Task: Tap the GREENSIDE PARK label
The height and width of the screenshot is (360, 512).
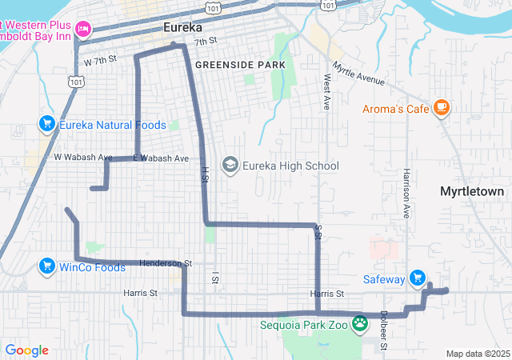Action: coord(240,64)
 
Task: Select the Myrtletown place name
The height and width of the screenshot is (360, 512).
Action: coord(472,192)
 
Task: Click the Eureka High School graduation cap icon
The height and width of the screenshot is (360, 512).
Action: coord(230,166)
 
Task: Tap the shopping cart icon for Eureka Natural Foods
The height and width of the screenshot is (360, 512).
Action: coord(46,124)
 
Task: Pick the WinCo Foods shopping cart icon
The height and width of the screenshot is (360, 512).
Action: coord(46,266)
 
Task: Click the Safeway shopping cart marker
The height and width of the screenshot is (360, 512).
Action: coord(417,278)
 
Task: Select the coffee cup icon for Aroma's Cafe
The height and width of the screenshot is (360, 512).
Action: coord(441,107)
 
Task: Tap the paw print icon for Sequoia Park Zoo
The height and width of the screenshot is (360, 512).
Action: coord(362,324)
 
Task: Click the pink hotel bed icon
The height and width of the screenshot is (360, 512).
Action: coord(82,30)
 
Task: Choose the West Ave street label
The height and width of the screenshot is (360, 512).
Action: coord(326,93)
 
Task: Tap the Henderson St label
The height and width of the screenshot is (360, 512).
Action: coord(166,262)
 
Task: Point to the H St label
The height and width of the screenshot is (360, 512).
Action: coord(205,174)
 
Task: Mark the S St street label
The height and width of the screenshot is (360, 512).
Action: coord(318,233)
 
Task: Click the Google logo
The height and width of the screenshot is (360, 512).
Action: coord(26,350)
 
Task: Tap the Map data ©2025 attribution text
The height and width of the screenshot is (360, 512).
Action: coord(477,354)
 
